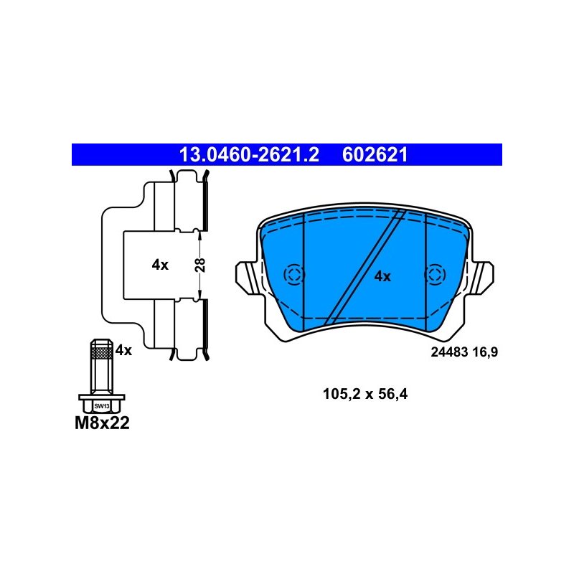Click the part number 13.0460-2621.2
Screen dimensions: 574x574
click(249, 155)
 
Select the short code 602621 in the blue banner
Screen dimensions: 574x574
click(375, 155)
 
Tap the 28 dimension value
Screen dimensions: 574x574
click(201, 265)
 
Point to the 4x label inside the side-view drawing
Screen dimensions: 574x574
click(160, 265)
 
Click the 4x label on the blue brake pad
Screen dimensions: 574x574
click(382, 276)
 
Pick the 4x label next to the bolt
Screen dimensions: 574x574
click(123, 351)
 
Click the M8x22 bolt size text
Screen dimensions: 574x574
click(102, 423)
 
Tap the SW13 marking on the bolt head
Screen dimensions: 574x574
click(102, 406)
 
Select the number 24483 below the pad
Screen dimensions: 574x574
click(449, 352)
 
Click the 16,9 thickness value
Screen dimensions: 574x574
click(485, 352)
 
